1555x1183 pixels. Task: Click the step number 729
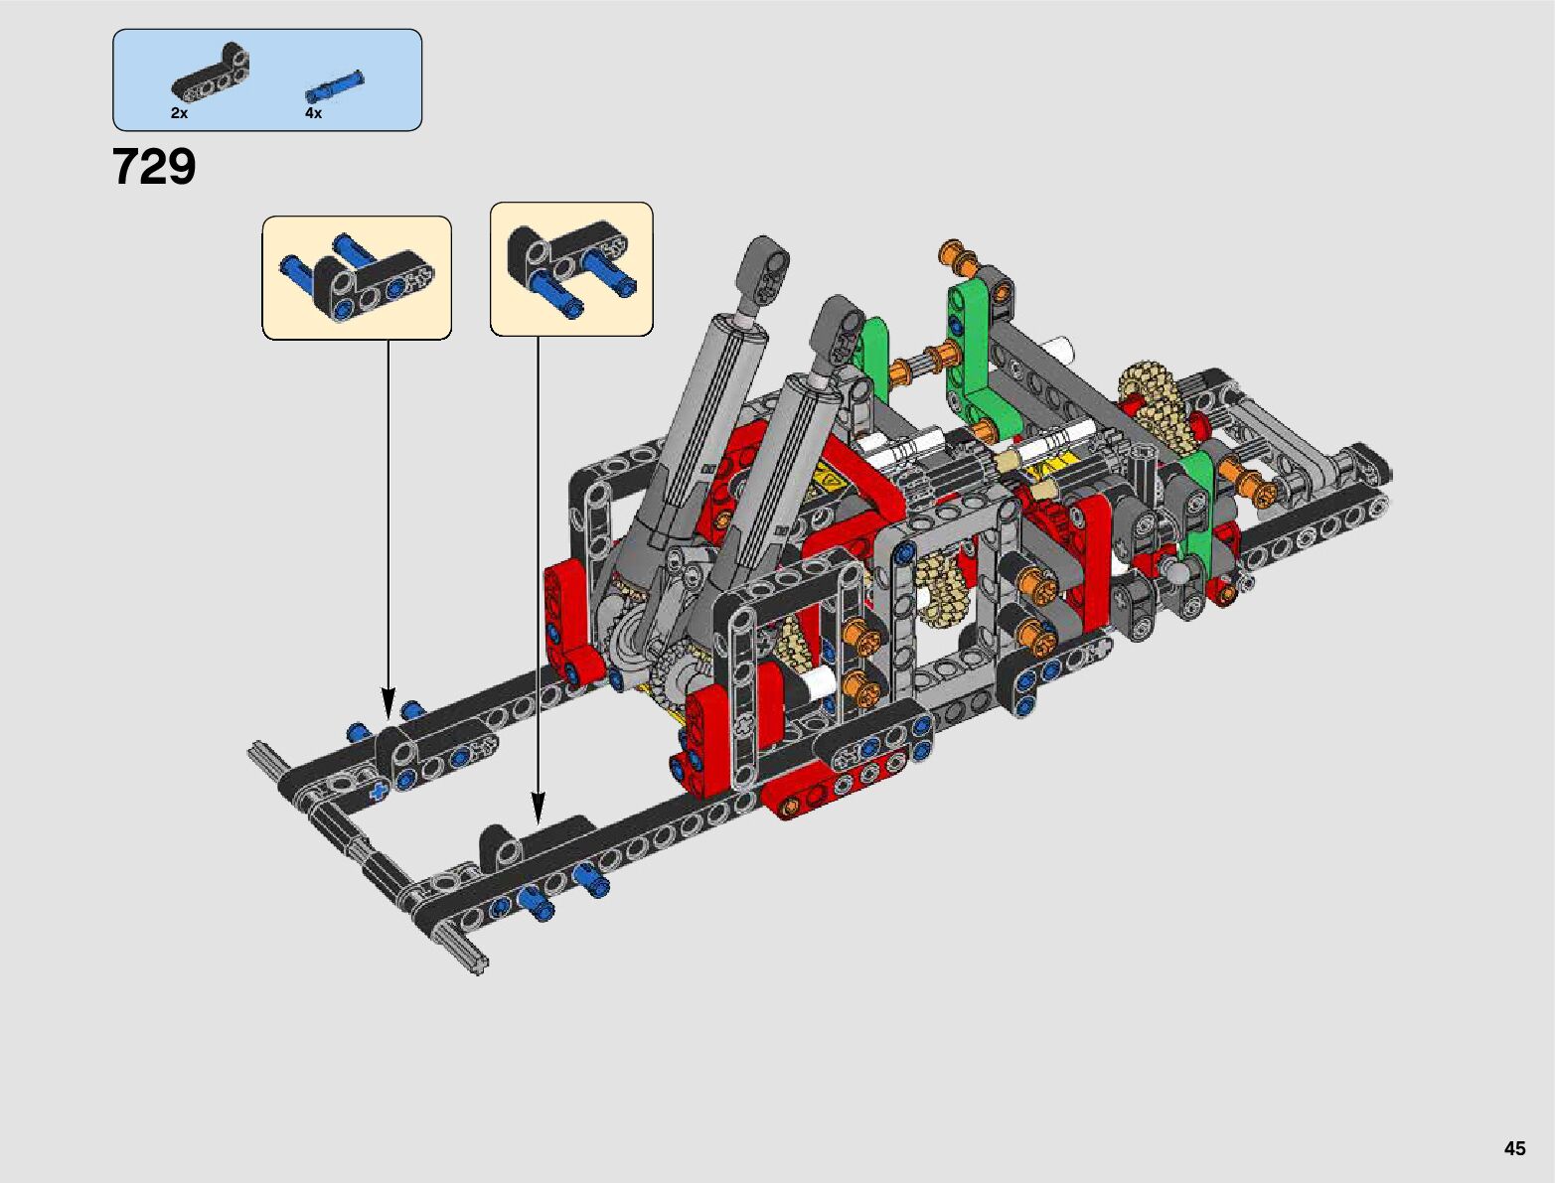pyautogui.click(x=154, y=167)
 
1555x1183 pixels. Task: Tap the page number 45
pyautogui.click(x=1514, y=1147)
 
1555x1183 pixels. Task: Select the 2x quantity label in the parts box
pyautogui.click(x=179, y=113)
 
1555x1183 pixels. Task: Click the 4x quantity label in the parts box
pyautogui.click(x=314, y=113)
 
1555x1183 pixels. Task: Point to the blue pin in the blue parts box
pyautogui.click(x=335, y=86)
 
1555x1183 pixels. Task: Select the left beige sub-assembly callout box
pyautogui.click(x=357, y=278)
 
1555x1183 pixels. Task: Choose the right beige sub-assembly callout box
pyautogui.click(x=571, y=269)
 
